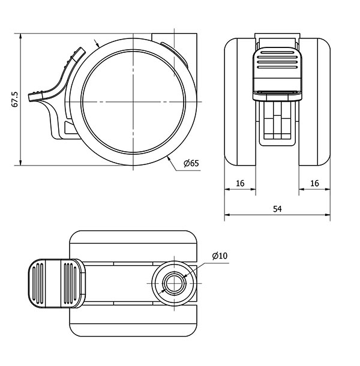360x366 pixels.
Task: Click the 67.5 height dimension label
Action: click(x=14, y=100)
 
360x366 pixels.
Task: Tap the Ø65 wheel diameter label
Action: click(x=191, y=163)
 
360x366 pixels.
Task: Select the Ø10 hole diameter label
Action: click(x=220, y=256)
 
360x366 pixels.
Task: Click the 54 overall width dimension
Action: click(x=277, y=209)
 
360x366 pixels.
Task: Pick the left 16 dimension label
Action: click(x=240, y=184)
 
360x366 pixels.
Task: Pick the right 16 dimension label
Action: click(x=314, y=184)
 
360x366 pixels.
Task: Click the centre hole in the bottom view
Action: click(x=174, y=283)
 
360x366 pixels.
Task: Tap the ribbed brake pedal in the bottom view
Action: click(x=57, y=283)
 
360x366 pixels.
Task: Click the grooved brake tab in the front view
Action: click(x=277, y=74)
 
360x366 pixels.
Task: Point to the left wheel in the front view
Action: click(x=240, y=102)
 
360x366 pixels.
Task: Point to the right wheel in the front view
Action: click(x=314, y=102)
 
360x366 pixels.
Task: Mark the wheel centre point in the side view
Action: click(x=133, y=102)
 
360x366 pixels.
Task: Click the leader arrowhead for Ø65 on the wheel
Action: click(x=169, y=158)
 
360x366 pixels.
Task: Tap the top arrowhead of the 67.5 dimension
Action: click(x=21, y=36)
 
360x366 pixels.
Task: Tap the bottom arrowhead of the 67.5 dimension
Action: click(x=21, y=163)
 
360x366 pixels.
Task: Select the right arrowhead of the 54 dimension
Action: click(x=328, y=215)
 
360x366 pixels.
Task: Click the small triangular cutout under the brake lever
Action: click(x=70, y=127)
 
